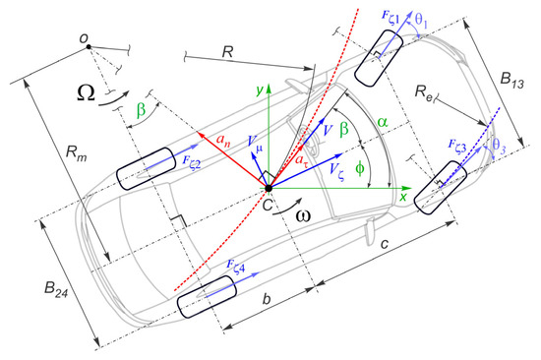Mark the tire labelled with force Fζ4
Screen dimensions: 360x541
[x=206, y=296]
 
